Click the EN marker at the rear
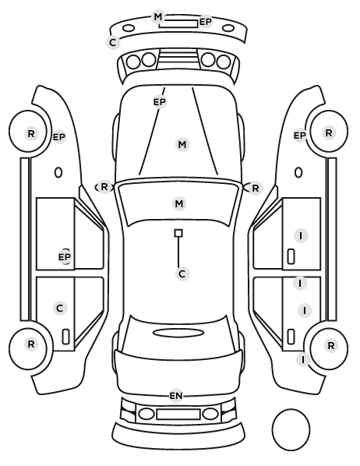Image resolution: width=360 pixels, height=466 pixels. pyautogui.click(x=175, y=396)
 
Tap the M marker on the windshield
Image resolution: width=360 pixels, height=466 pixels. pyautogui.click(x=179, y=204)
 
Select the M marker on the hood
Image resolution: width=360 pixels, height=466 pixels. pyautogui.click(x=182, y=145)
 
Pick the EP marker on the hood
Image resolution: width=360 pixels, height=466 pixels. pyautogui.click(x=160, y=102)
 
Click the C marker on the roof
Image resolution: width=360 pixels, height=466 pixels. pyautogui.click(x=182, y=274)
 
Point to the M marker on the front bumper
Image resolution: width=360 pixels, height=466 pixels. pyautogui.click(x=158, y=16)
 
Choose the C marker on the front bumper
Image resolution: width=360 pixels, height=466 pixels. pyautogui.click(x=113, y=42)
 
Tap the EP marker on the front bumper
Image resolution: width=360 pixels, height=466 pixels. pyautogui.click(x=206, y=22)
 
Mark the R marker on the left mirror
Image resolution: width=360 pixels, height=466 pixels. pyautogui.click(x=104, y=187)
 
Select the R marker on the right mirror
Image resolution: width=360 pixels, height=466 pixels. pyautogui.click(x=256, y=188)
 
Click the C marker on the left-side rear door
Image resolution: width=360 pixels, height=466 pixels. pyautogui.click(x=60, y=308)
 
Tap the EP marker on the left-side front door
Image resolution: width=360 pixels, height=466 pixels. pyautogui.click(x=65, y=257)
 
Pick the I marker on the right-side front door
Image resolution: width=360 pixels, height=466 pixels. pyautogui.click(x=301, y=236)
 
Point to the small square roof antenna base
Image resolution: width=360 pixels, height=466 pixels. pyautogui.click(x=178, y=233)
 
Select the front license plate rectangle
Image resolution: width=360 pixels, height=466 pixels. pyautogui.click(x=178, y=24)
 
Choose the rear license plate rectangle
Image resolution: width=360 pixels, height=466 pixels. pyautogui.click(x=178, y=414)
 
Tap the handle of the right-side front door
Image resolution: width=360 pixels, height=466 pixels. pyautogui.click(x=291, y=257)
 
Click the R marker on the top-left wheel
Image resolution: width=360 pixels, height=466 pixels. pyautogui.click(x=31, y=134)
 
